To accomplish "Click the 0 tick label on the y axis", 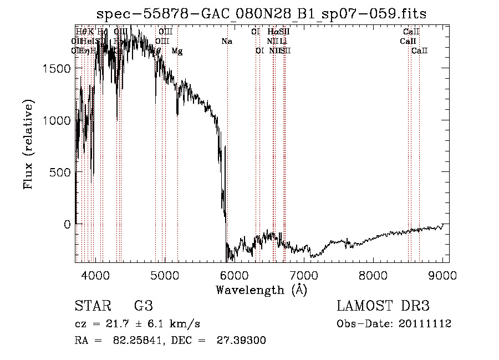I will [67, 225].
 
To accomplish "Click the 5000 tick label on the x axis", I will [165, 274].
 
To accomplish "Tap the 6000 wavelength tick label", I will [234, 274].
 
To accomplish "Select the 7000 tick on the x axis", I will [303, 274].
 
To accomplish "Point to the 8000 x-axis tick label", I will [373, 274].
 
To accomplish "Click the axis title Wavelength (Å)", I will [261, 290].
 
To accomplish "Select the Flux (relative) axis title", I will [28, 144].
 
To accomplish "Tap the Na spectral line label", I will [226, 41].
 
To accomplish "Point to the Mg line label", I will [177, 50].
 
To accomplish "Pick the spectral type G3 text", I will [143, 306].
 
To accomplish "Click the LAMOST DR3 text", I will [383, 306].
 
